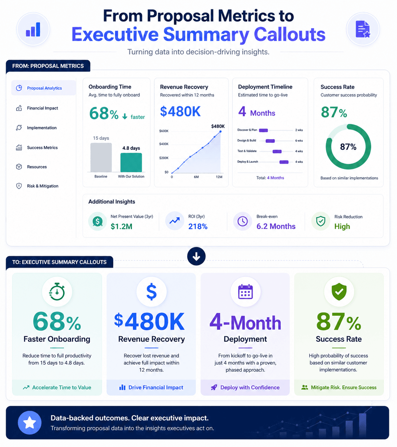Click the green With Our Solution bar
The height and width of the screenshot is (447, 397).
(x=131, y=163)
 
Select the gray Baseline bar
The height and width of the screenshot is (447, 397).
(x=101, y=157)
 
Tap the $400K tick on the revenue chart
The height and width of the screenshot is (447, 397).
(x=164, y=144)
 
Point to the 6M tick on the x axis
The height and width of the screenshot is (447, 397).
(x=196, y=177)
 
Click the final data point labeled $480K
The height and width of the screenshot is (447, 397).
(x=221, y=132)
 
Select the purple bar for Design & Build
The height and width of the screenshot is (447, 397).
(x=270, y=141)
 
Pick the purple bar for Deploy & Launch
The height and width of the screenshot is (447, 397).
(x=284, y=162)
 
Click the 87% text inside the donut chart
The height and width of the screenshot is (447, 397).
(x=348, y=147)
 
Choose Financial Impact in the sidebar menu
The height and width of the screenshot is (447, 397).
(x=42, y=108)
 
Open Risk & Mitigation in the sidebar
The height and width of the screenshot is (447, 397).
(x=43, y=186)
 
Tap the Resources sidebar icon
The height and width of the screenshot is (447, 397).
(x=19, y=167)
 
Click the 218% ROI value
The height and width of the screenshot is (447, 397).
(x=198, y=226)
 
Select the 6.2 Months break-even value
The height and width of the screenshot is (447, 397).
(x=276, y=226)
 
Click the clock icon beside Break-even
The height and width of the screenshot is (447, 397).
(x=242, y=221)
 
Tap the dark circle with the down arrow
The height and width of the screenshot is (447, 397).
(x=196, y=256)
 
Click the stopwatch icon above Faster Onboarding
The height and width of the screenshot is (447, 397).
(x=57, y=292)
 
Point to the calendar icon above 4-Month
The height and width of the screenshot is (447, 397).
(x=245, y=292)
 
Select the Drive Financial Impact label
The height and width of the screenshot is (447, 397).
(x=156, y=388)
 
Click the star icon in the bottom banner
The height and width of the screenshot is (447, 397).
(x=30, y=422)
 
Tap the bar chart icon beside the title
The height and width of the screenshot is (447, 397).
(x=33, y=29)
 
